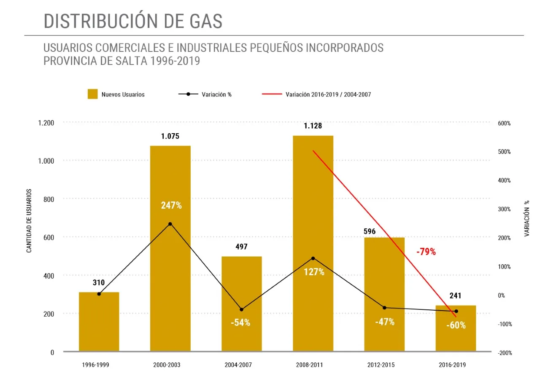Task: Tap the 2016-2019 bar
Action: (456, 333)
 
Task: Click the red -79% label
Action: (426, 252)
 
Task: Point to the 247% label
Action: (171, 206)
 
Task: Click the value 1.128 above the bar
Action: (313, 126)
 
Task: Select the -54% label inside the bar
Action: (240, 323)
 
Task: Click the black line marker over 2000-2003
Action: (170, 224)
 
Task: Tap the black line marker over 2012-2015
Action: (384, 308)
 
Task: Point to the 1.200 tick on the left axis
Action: (46, 123)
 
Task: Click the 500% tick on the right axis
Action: (504, 152)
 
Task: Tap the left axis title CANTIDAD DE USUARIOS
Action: (29, 221)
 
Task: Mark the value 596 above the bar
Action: (369, 231)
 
